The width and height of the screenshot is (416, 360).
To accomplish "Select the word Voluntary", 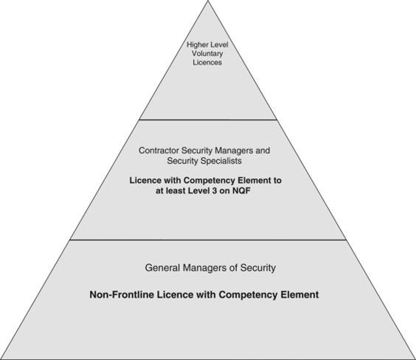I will (x=207, y=53).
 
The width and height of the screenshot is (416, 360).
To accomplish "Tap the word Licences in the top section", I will (x=207, y=63).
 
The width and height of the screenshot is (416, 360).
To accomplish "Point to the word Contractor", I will (x=160, y=150).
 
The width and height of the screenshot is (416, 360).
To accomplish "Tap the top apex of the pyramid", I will (x=207, y=1).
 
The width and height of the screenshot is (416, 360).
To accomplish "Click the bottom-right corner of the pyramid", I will (x=414, y=359).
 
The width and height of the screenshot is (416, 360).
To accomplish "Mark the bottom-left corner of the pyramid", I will (x=1, y=359).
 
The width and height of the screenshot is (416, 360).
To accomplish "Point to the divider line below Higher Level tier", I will (x=207, y=120).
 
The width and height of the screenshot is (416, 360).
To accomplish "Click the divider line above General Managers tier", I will (x=207, y=239).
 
